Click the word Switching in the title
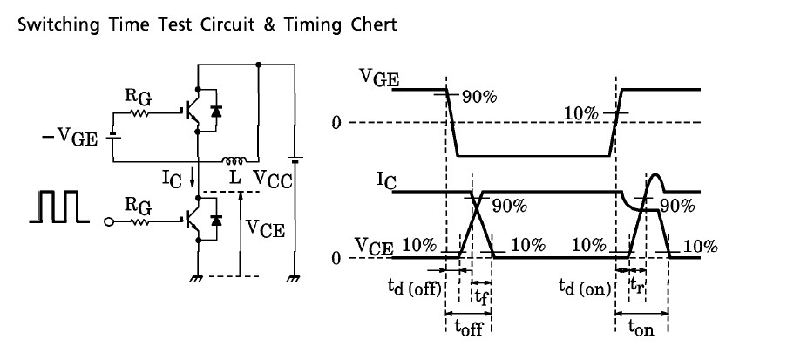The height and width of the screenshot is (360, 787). [52, 24]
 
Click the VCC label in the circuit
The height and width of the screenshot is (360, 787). [273, 177]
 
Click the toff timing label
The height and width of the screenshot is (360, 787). [468, 329]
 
